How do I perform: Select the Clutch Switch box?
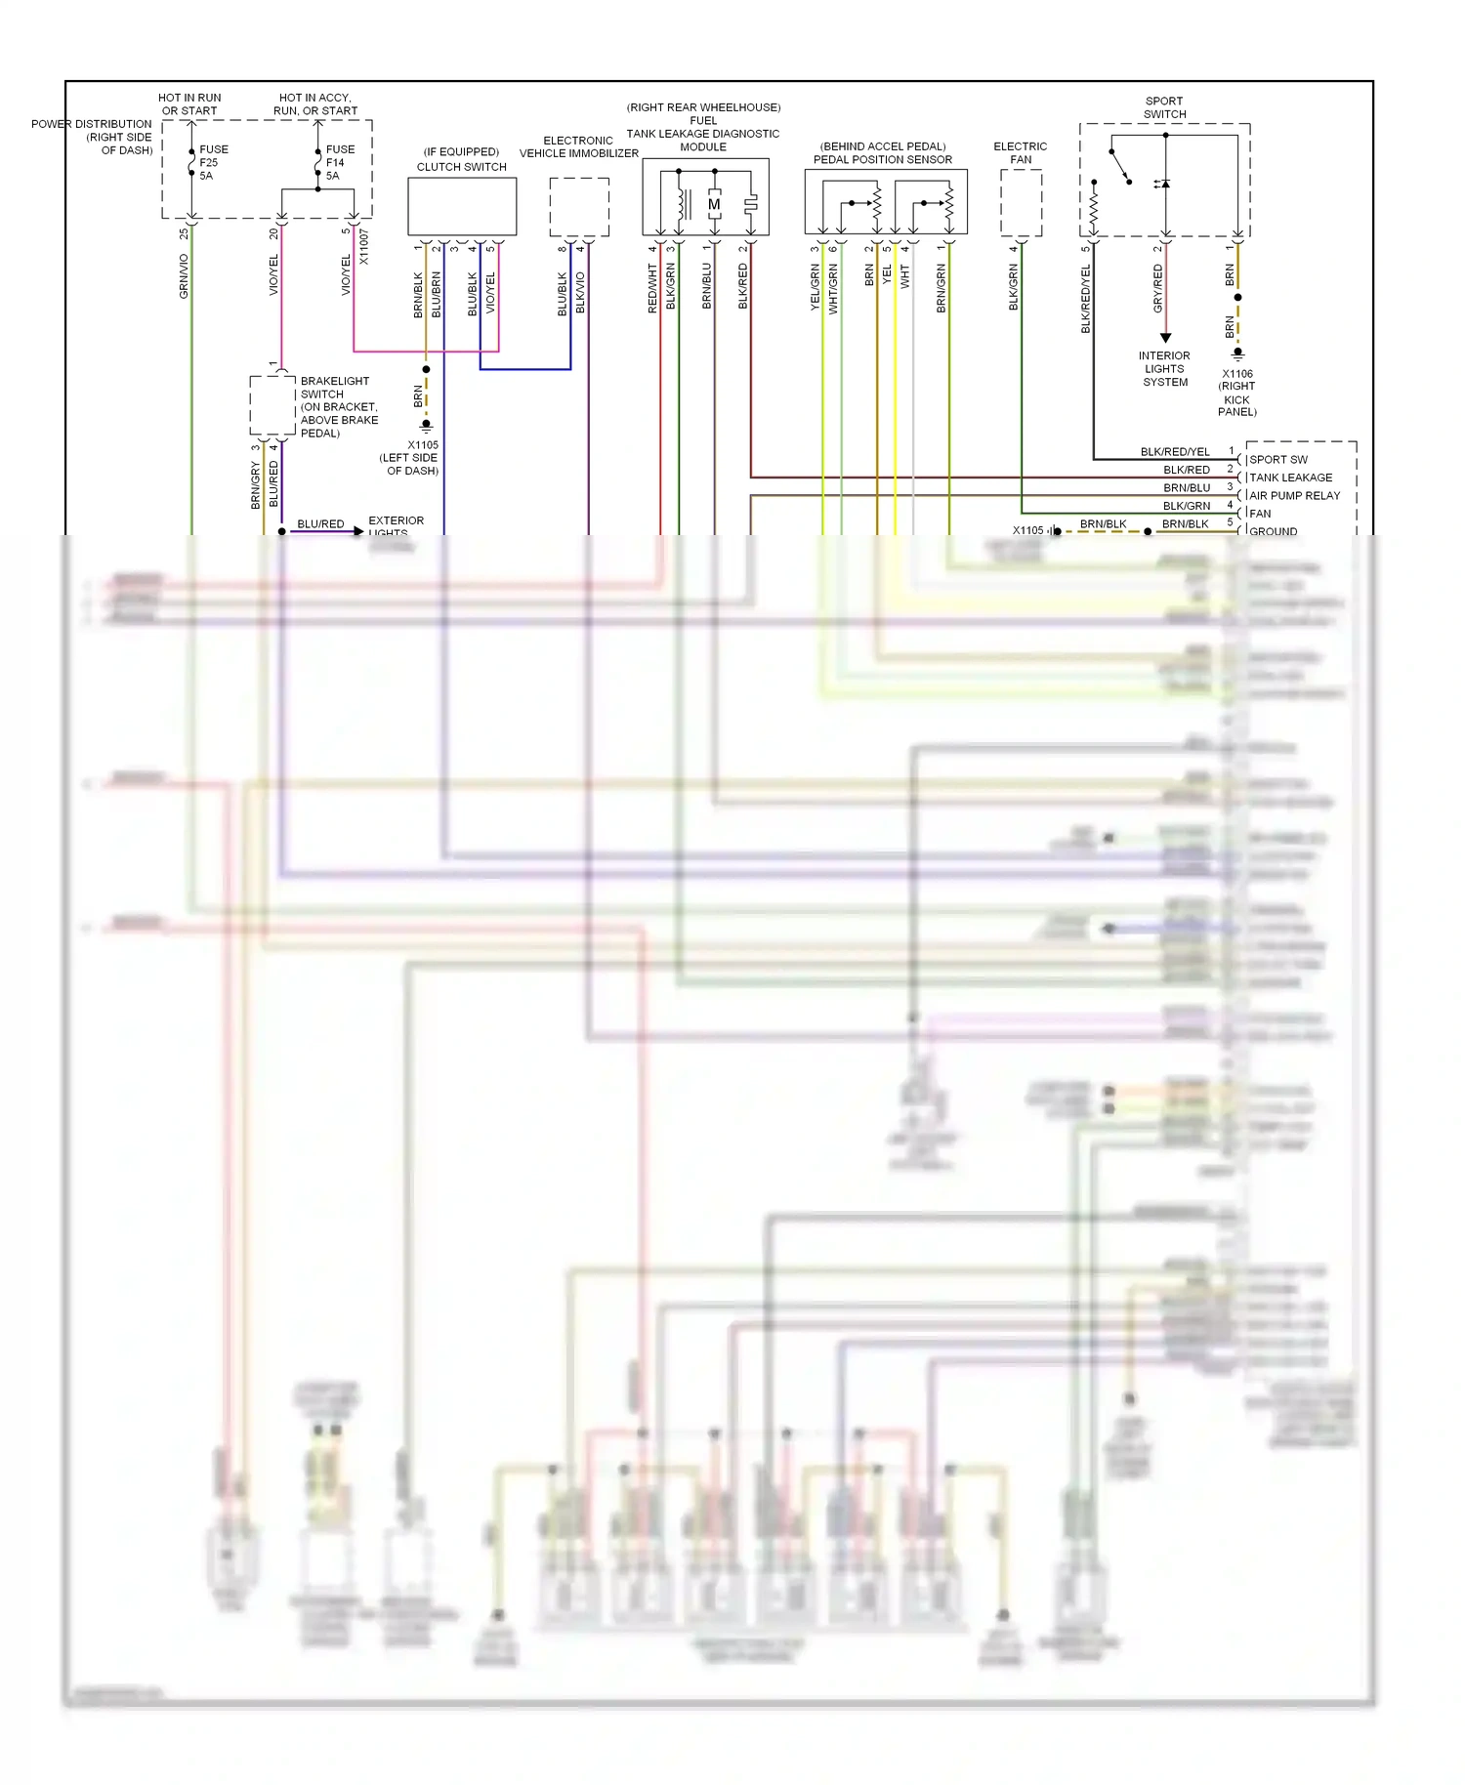coord(462,206)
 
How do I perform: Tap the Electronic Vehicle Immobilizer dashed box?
coord(579,207)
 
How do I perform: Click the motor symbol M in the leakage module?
coord(714,204)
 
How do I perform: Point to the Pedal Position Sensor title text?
coord(882,159)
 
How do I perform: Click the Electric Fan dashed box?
coord(1021,203)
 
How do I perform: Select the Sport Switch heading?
coord(1164,107)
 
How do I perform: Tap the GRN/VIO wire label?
coord(184,276)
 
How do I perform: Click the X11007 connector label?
coord(363,247)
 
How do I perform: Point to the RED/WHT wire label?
coord(652,288)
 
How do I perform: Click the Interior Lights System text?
coord(1164,369)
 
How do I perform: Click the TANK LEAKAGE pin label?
coord(1290,477)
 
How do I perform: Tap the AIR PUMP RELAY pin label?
coord(1294,496)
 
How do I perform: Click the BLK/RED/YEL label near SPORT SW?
coord(1175,452)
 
